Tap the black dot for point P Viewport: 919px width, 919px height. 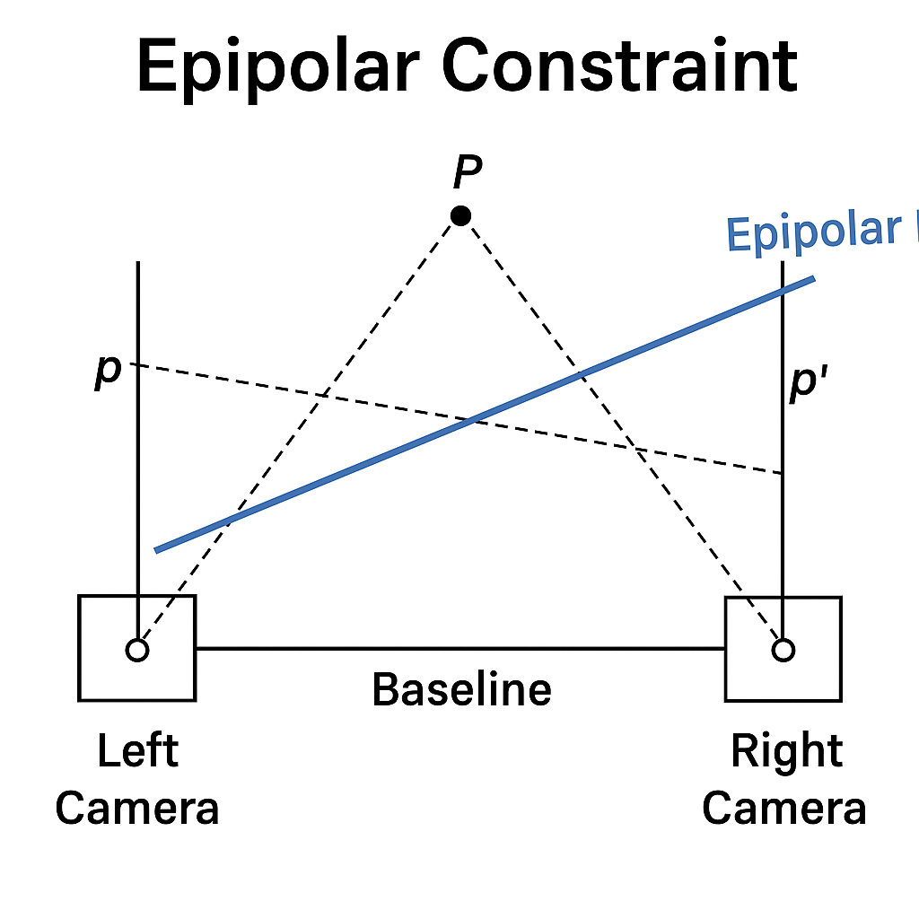[460, 215]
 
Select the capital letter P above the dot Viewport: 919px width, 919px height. [467, 171]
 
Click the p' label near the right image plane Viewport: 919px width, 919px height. [809, 383]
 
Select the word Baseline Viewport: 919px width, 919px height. [461, 689]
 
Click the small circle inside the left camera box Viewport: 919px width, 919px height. [136, 649]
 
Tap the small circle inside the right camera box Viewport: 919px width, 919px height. [783, 649]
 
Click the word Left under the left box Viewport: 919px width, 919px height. [137, 750]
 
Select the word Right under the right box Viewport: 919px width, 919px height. [786, 750]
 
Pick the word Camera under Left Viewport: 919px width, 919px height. [137, 808]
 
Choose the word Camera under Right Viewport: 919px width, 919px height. [783, 808]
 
